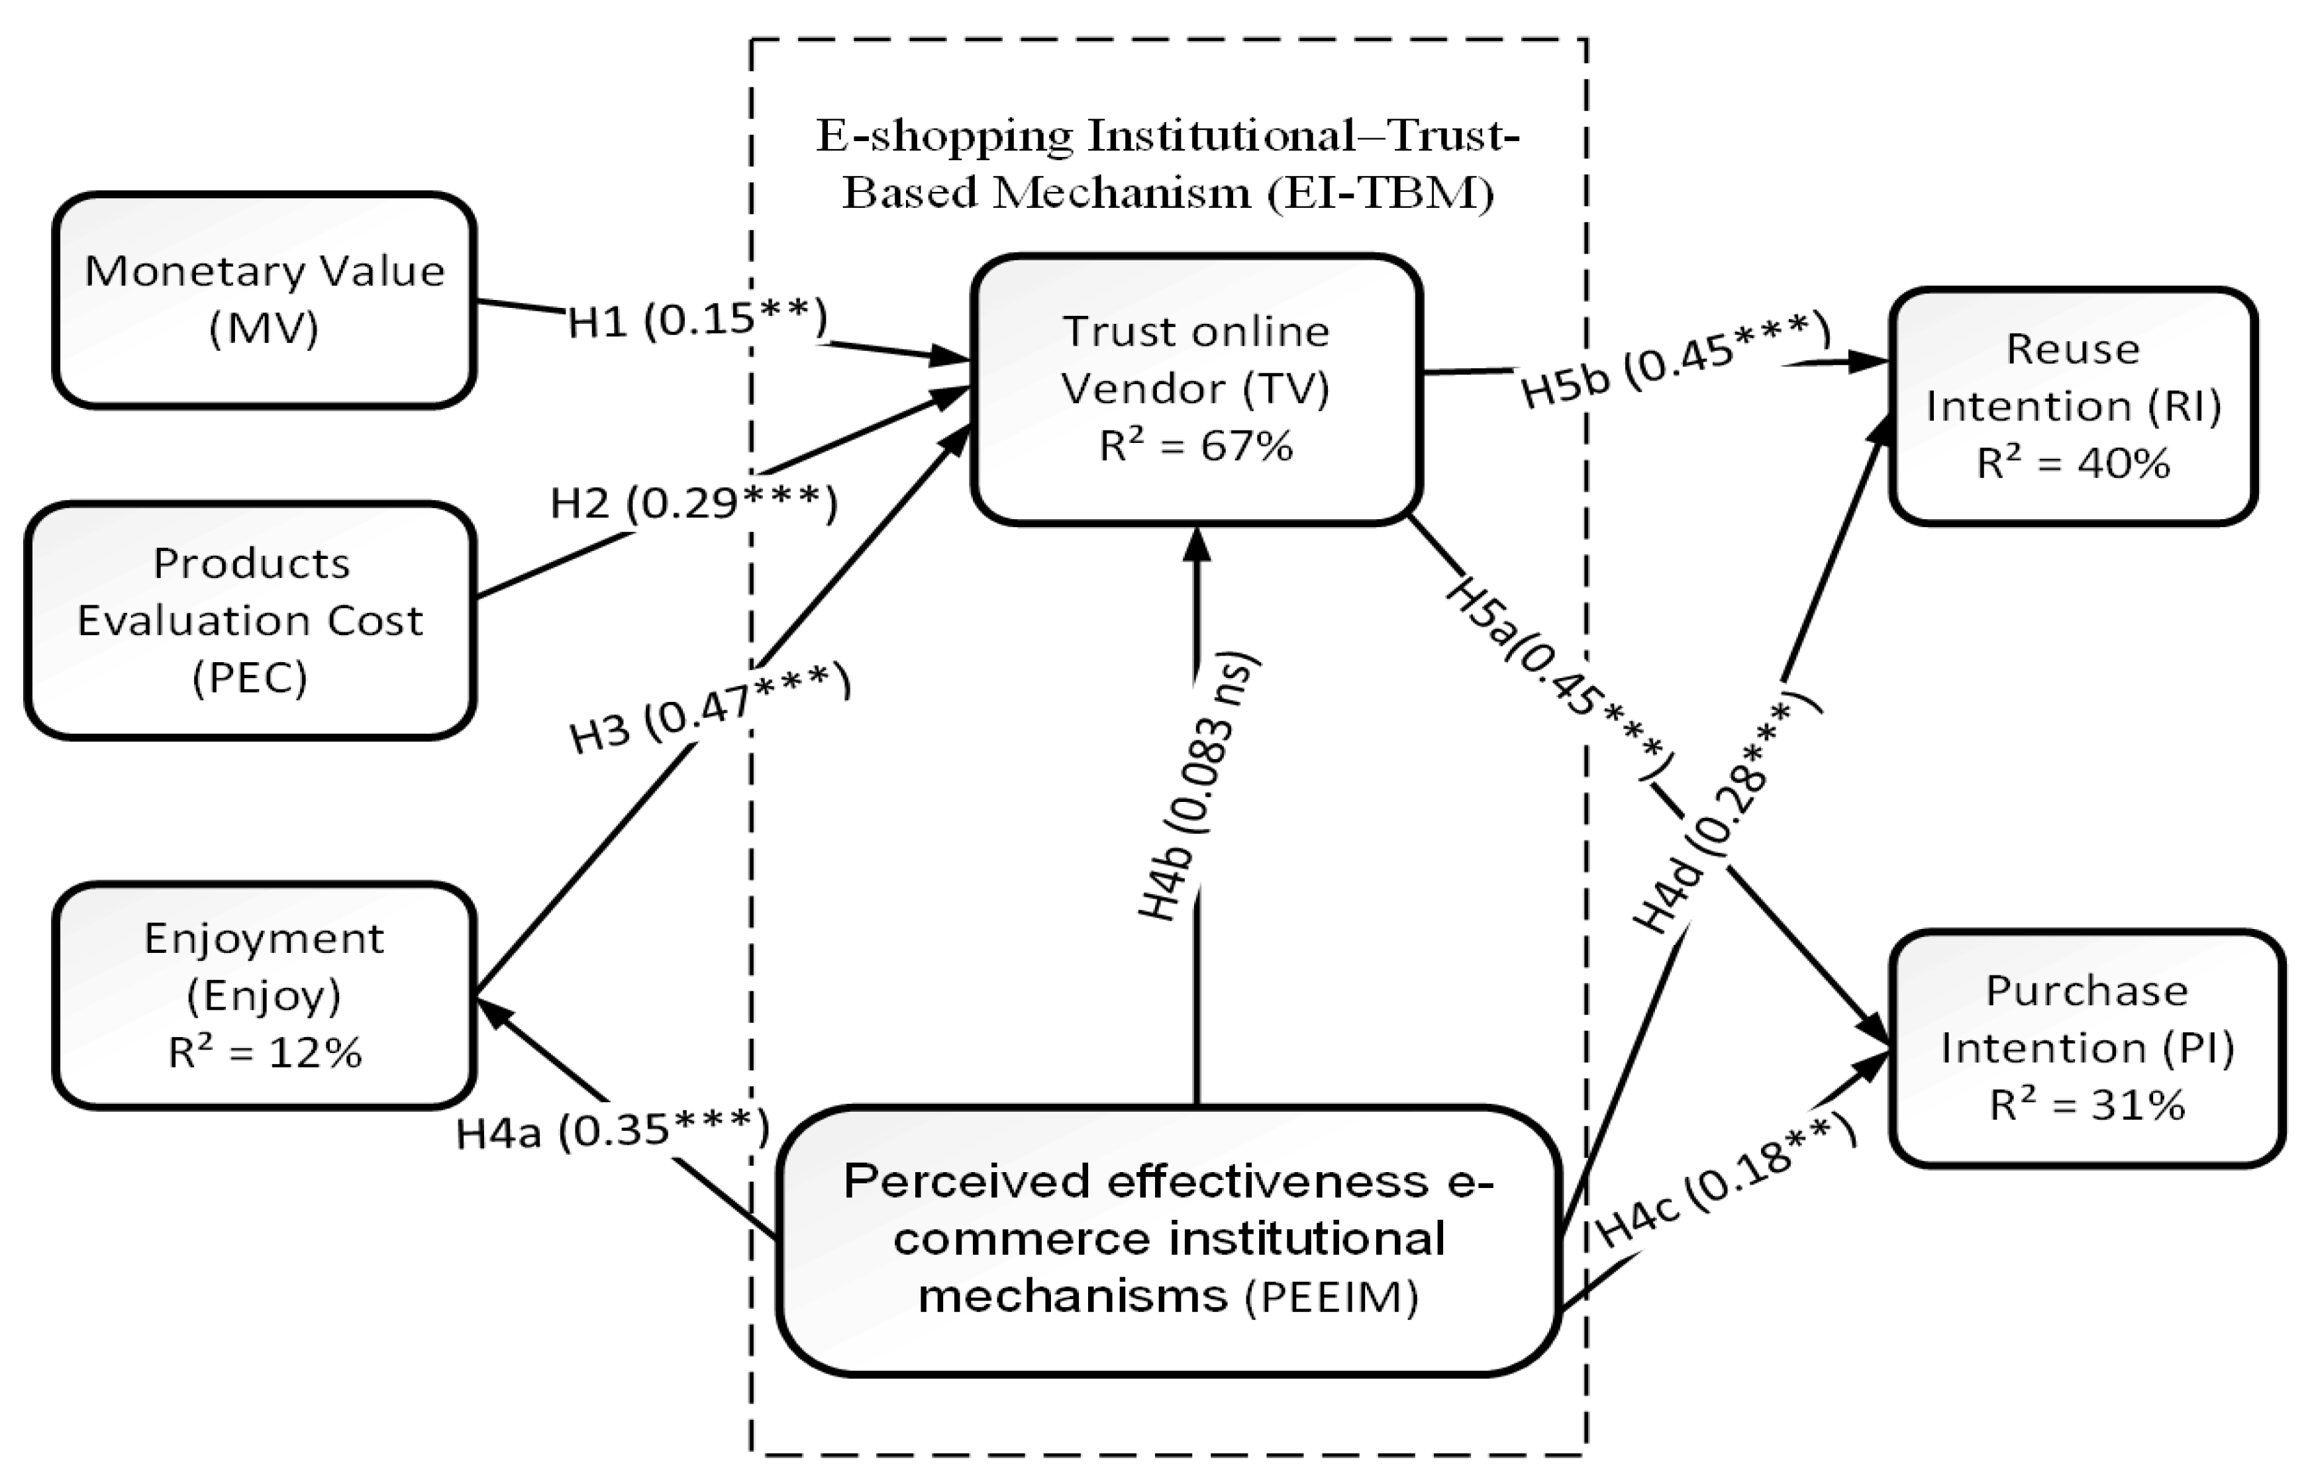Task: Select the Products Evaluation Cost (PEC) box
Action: [x=251, y=620]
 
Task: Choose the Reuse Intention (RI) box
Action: [x=2072, y=405]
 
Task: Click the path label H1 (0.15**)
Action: [x=697, y=319]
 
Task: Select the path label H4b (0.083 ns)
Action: [x=1198, y=789]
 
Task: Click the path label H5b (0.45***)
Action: [x=1675, y=361]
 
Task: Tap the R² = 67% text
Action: [x=1197, y=446]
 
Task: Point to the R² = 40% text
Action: [x=2072, y=464]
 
